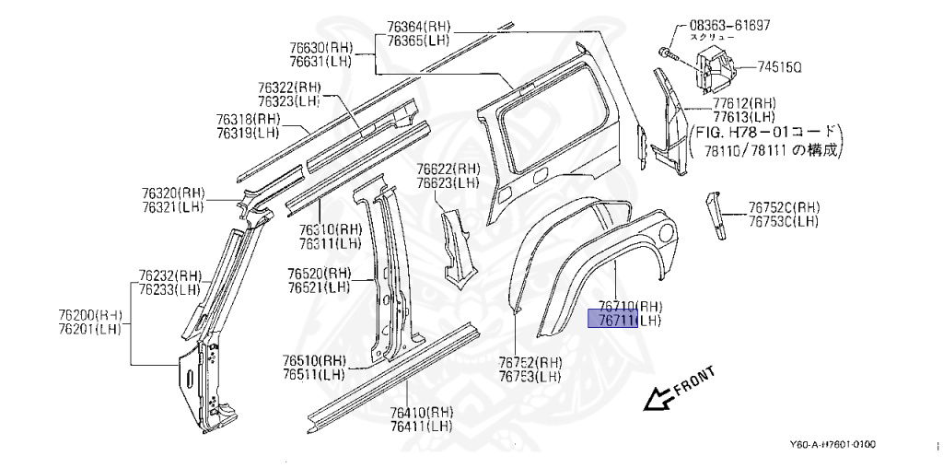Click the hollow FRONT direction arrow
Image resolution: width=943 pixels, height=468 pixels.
point(658,397)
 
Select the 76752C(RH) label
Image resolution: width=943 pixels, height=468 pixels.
point(783,207)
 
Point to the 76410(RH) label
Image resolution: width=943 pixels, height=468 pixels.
point(421,412)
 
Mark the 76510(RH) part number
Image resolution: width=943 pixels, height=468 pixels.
point(314,360)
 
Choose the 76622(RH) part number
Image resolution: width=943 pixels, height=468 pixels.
point(448,169)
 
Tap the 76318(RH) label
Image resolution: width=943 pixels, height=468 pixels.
point(248,119)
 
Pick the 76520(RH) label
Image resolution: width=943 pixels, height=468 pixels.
point(319,274)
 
